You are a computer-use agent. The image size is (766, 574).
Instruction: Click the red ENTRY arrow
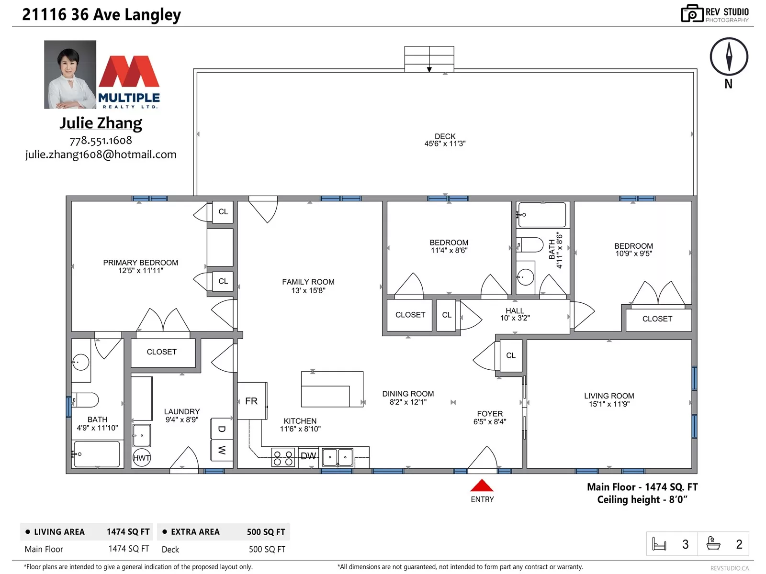[x=482, y=485]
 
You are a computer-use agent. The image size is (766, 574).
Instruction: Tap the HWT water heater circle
[x=141, y=458]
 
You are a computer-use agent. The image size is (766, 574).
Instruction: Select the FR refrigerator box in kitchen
[x=252, y=401]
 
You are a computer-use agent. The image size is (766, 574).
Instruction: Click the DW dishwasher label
[x=308, y=456]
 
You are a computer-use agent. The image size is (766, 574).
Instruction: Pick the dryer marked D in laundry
[x=222, y=429]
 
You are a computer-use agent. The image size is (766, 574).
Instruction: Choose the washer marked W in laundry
[x=222, y=450]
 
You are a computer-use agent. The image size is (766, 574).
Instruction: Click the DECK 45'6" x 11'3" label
[x=445, y=140]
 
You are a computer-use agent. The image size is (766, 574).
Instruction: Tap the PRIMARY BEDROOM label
[x=141, y=263]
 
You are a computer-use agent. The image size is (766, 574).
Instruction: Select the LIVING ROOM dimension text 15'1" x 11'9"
[x=609, y=404]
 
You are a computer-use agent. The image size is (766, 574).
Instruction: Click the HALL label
[x=515, y=310]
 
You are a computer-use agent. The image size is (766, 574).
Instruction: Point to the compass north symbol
[x=729, y=57]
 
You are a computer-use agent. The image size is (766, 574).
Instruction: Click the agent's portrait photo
[x=70, y=75]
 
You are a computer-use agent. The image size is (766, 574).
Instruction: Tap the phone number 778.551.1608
[x=101, y=141]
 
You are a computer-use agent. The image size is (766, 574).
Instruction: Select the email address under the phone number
[x=101, y=155]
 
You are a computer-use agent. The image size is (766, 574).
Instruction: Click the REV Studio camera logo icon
[x=692, y=13]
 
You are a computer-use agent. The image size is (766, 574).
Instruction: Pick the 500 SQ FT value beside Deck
[x=267, y=549]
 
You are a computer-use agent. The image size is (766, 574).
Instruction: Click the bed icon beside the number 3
[x=659, y=544]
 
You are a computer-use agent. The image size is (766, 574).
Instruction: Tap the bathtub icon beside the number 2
[x=713, y=544]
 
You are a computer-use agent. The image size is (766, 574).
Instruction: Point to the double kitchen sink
[x=338, y=457]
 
